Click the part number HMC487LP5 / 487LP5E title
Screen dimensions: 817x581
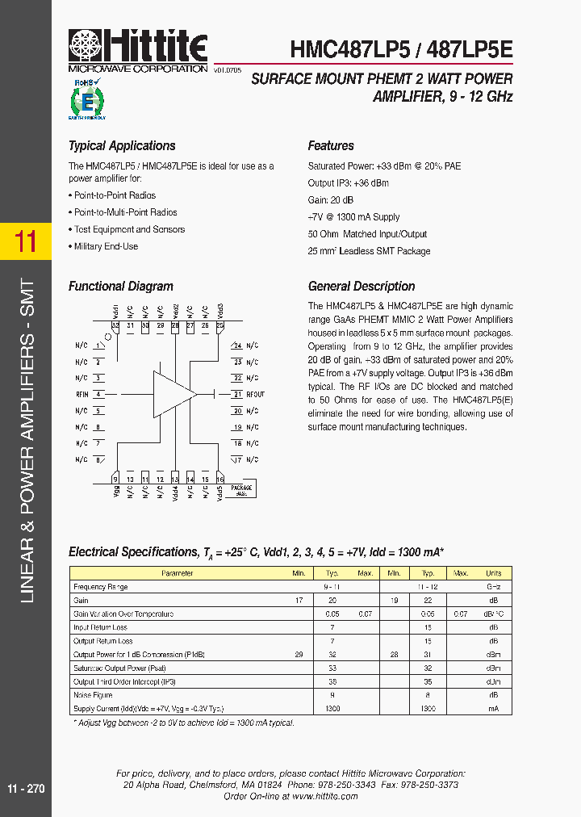click(x=401, y=49)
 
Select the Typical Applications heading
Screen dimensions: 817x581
click(x=122, y=146)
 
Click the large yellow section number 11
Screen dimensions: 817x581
click(x=26, y=241)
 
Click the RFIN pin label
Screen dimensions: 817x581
click(x=82, y=394)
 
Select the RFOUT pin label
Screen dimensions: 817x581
click(x=255, y=394)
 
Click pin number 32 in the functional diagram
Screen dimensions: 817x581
click(x=116, y=325)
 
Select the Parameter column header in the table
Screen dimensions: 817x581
click(x=177, y=573)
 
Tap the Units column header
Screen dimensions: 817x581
click(x=493, y=573)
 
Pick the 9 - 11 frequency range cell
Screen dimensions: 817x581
click(x=332, y=587)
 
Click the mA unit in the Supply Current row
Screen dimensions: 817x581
click(x=493, y=709)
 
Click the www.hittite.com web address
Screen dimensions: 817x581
click(x=324, y=796)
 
